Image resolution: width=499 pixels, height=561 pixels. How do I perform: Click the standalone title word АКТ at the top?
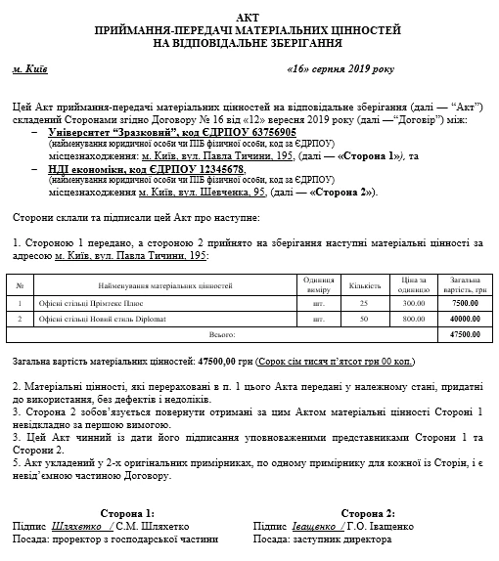click(x=249, y=19)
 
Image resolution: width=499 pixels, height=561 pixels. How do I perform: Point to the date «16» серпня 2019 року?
click(x=340, y=70)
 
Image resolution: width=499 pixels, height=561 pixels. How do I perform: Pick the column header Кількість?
click(x=364, y=285)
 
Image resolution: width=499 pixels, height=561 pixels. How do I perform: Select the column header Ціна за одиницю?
click(x=415, y=285)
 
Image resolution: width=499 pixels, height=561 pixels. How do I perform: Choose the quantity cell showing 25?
click(x=364, y=303)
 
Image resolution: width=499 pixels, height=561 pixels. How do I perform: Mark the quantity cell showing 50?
click(x=364, y=319)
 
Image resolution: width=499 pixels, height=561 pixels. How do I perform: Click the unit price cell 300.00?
click(x=415, y=303)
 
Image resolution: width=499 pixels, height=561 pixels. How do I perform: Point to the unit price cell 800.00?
click(x=415, y=319)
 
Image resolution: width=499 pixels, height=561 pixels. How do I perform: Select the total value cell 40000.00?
click(x=464, y=319)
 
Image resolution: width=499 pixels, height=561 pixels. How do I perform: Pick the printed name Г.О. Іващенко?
click(x=380, y=526)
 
